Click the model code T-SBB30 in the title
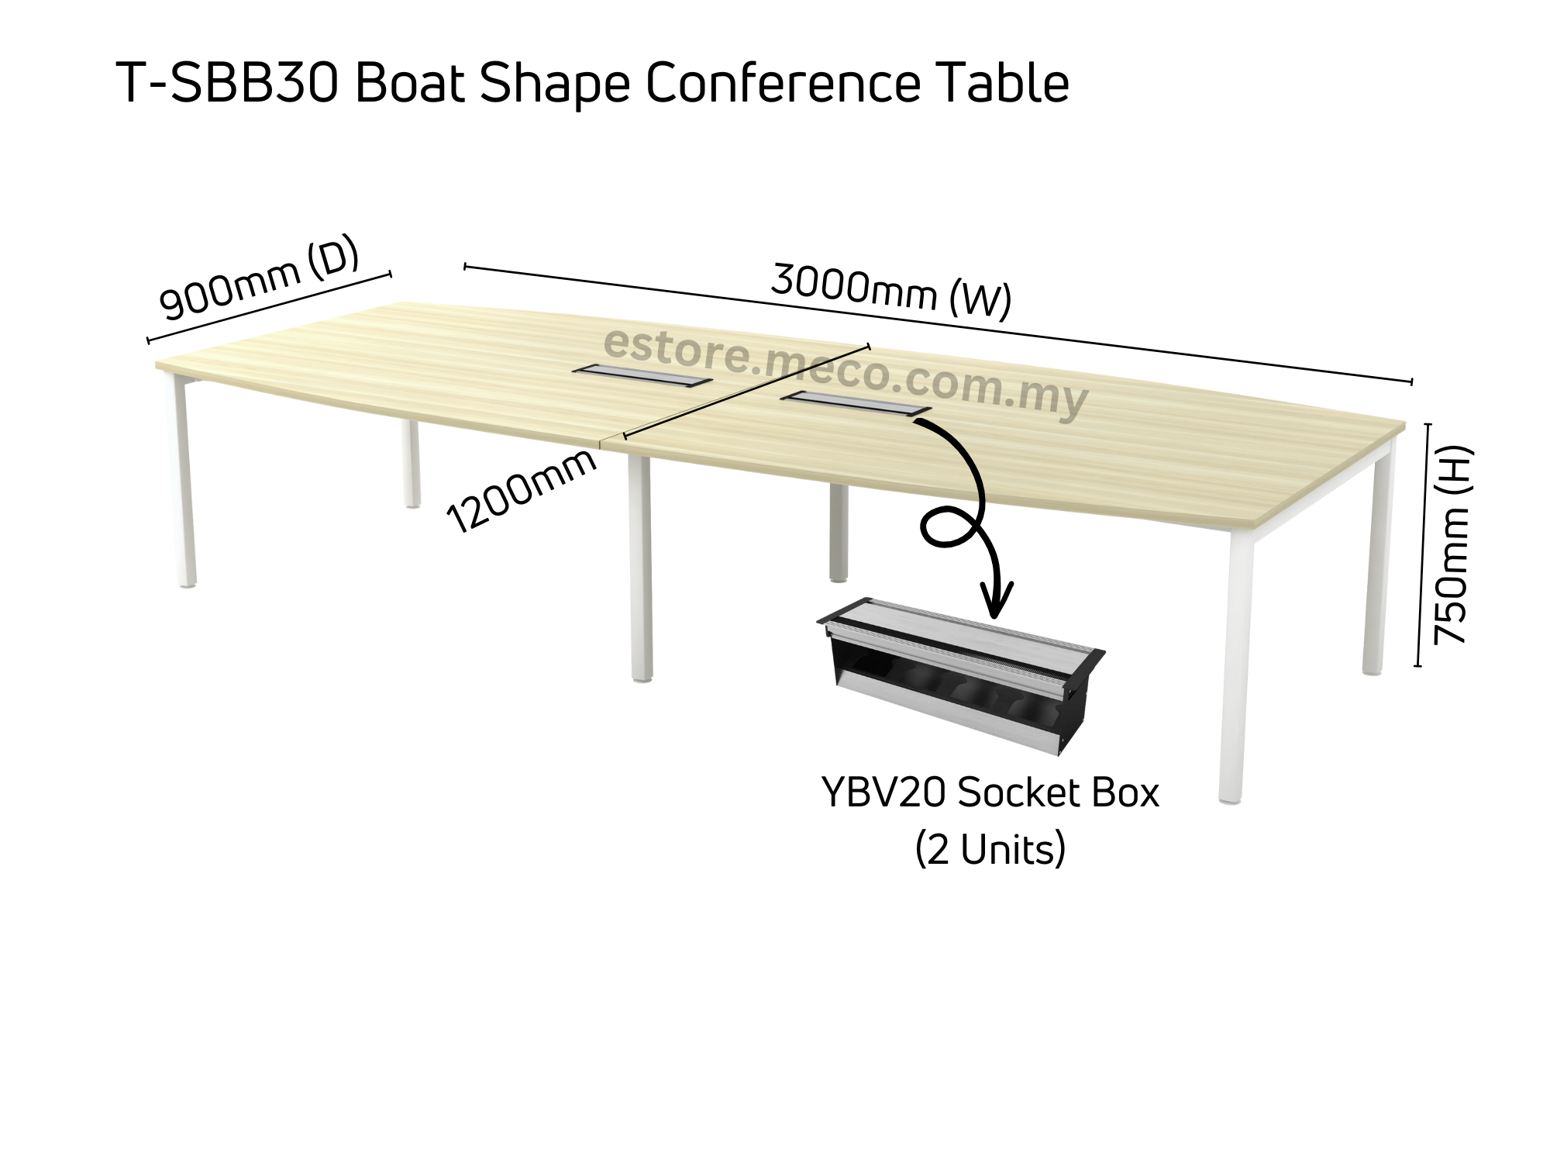tap(228, 83)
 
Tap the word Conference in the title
tap(783, 83)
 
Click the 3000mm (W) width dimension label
tap(891, 292)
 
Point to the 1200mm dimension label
tap(522, 492)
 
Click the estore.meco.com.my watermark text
tap(845, 373)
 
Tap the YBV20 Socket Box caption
tap(990, 794)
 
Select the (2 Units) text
tap(990, 850)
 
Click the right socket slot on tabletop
tap(856, 404)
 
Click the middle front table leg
tap(639, 570)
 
